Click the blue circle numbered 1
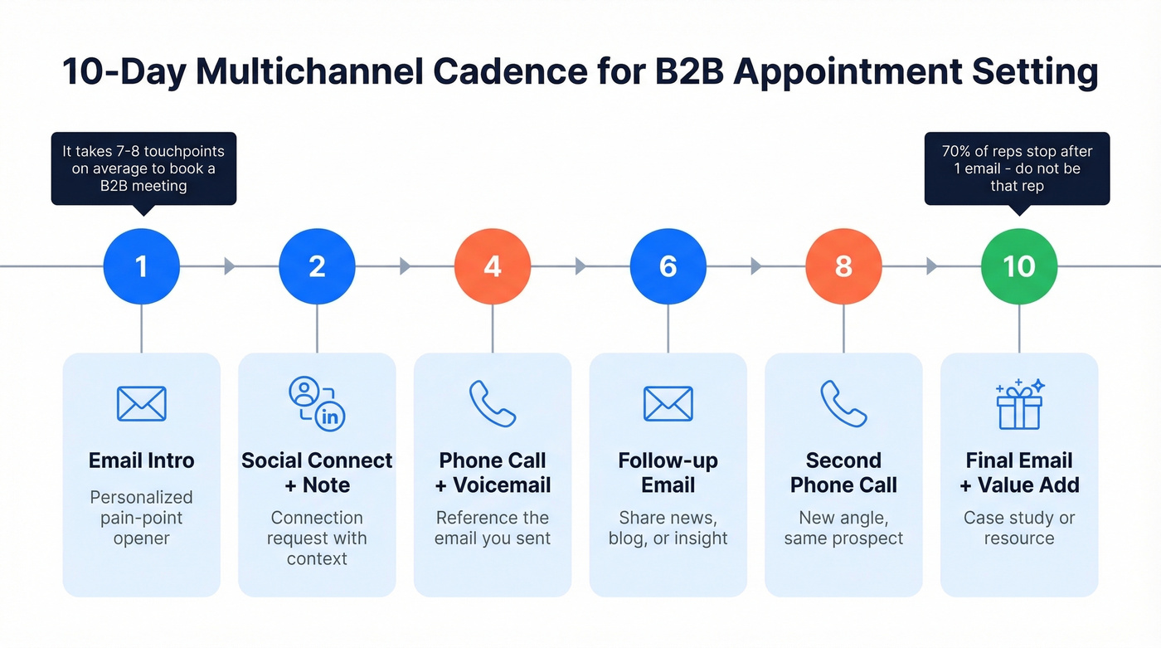click(141, 266)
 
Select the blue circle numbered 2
click(317, 266)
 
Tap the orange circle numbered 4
click(493, 266)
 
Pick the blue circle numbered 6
click(668, 266)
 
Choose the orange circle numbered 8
click(843, 266)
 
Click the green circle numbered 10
click(1019, 266)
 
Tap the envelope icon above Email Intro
click(141, 404)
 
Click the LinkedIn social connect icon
click(317, 403)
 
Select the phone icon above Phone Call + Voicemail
click(493, 404)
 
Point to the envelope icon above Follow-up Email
click(668, 404)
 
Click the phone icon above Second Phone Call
click(843, 404)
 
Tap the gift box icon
click(1019, 404)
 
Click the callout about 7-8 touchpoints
click(143, 168)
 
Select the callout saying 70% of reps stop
click(1017, 168)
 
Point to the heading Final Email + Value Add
click(1019, 473)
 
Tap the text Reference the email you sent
click(493, 528)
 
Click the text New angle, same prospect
click(843, 528)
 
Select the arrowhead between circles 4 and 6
click(580, 266)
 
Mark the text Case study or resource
click(1019, 528)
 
